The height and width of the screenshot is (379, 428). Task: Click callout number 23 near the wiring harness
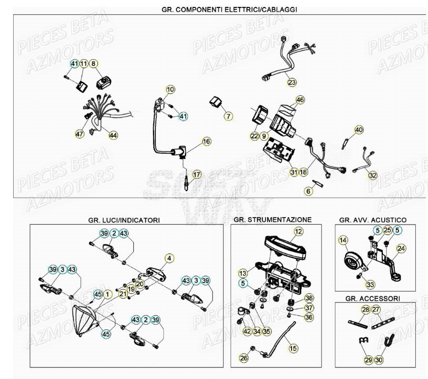[x=291, y=82]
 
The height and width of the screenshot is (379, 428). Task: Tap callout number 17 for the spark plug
[x=196, y=174]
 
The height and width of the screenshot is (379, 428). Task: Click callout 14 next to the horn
[x=343, y=241]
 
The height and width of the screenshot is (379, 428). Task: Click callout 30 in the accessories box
[x=379, y=360]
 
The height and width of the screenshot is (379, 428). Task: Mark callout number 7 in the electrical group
[x=228, y=115]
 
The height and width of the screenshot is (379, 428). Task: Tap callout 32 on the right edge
[x=373, y=175]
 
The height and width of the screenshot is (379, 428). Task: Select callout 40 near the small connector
[x=359, y=130]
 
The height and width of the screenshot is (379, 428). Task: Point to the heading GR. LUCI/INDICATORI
[x=124, y=220]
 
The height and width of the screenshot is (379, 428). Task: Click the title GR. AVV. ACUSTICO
[x=373, y=220]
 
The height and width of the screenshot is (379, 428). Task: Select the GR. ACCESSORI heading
[x=372, y=298]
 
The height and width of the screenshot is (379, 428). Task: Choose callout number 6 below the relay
[x=308, y=192]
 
